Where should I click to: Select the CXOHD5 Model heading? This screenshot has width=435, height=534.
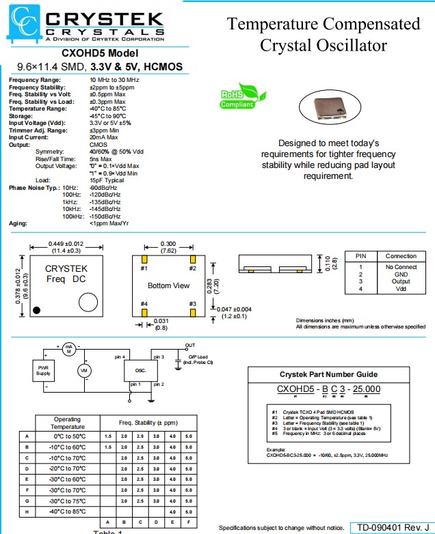[99, 53]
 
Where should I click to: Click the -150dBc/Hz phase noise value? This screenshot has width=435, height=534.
[105, 216]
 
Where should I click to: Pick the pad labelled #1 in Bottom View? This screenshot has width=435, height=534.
[144, 259]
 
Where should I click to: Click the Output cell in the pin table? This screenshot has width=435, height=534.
[401, 281]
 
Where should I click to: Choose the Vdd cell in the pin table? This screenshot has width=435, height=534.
[401, 289]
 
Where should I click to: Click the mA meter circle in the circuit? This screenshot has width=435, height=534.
[68, 349]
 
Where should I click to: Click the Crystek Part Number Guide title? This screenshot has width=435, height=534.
[328, 374]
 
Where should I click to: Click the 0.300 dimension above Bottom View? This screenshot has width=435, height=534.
[168, 244]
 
